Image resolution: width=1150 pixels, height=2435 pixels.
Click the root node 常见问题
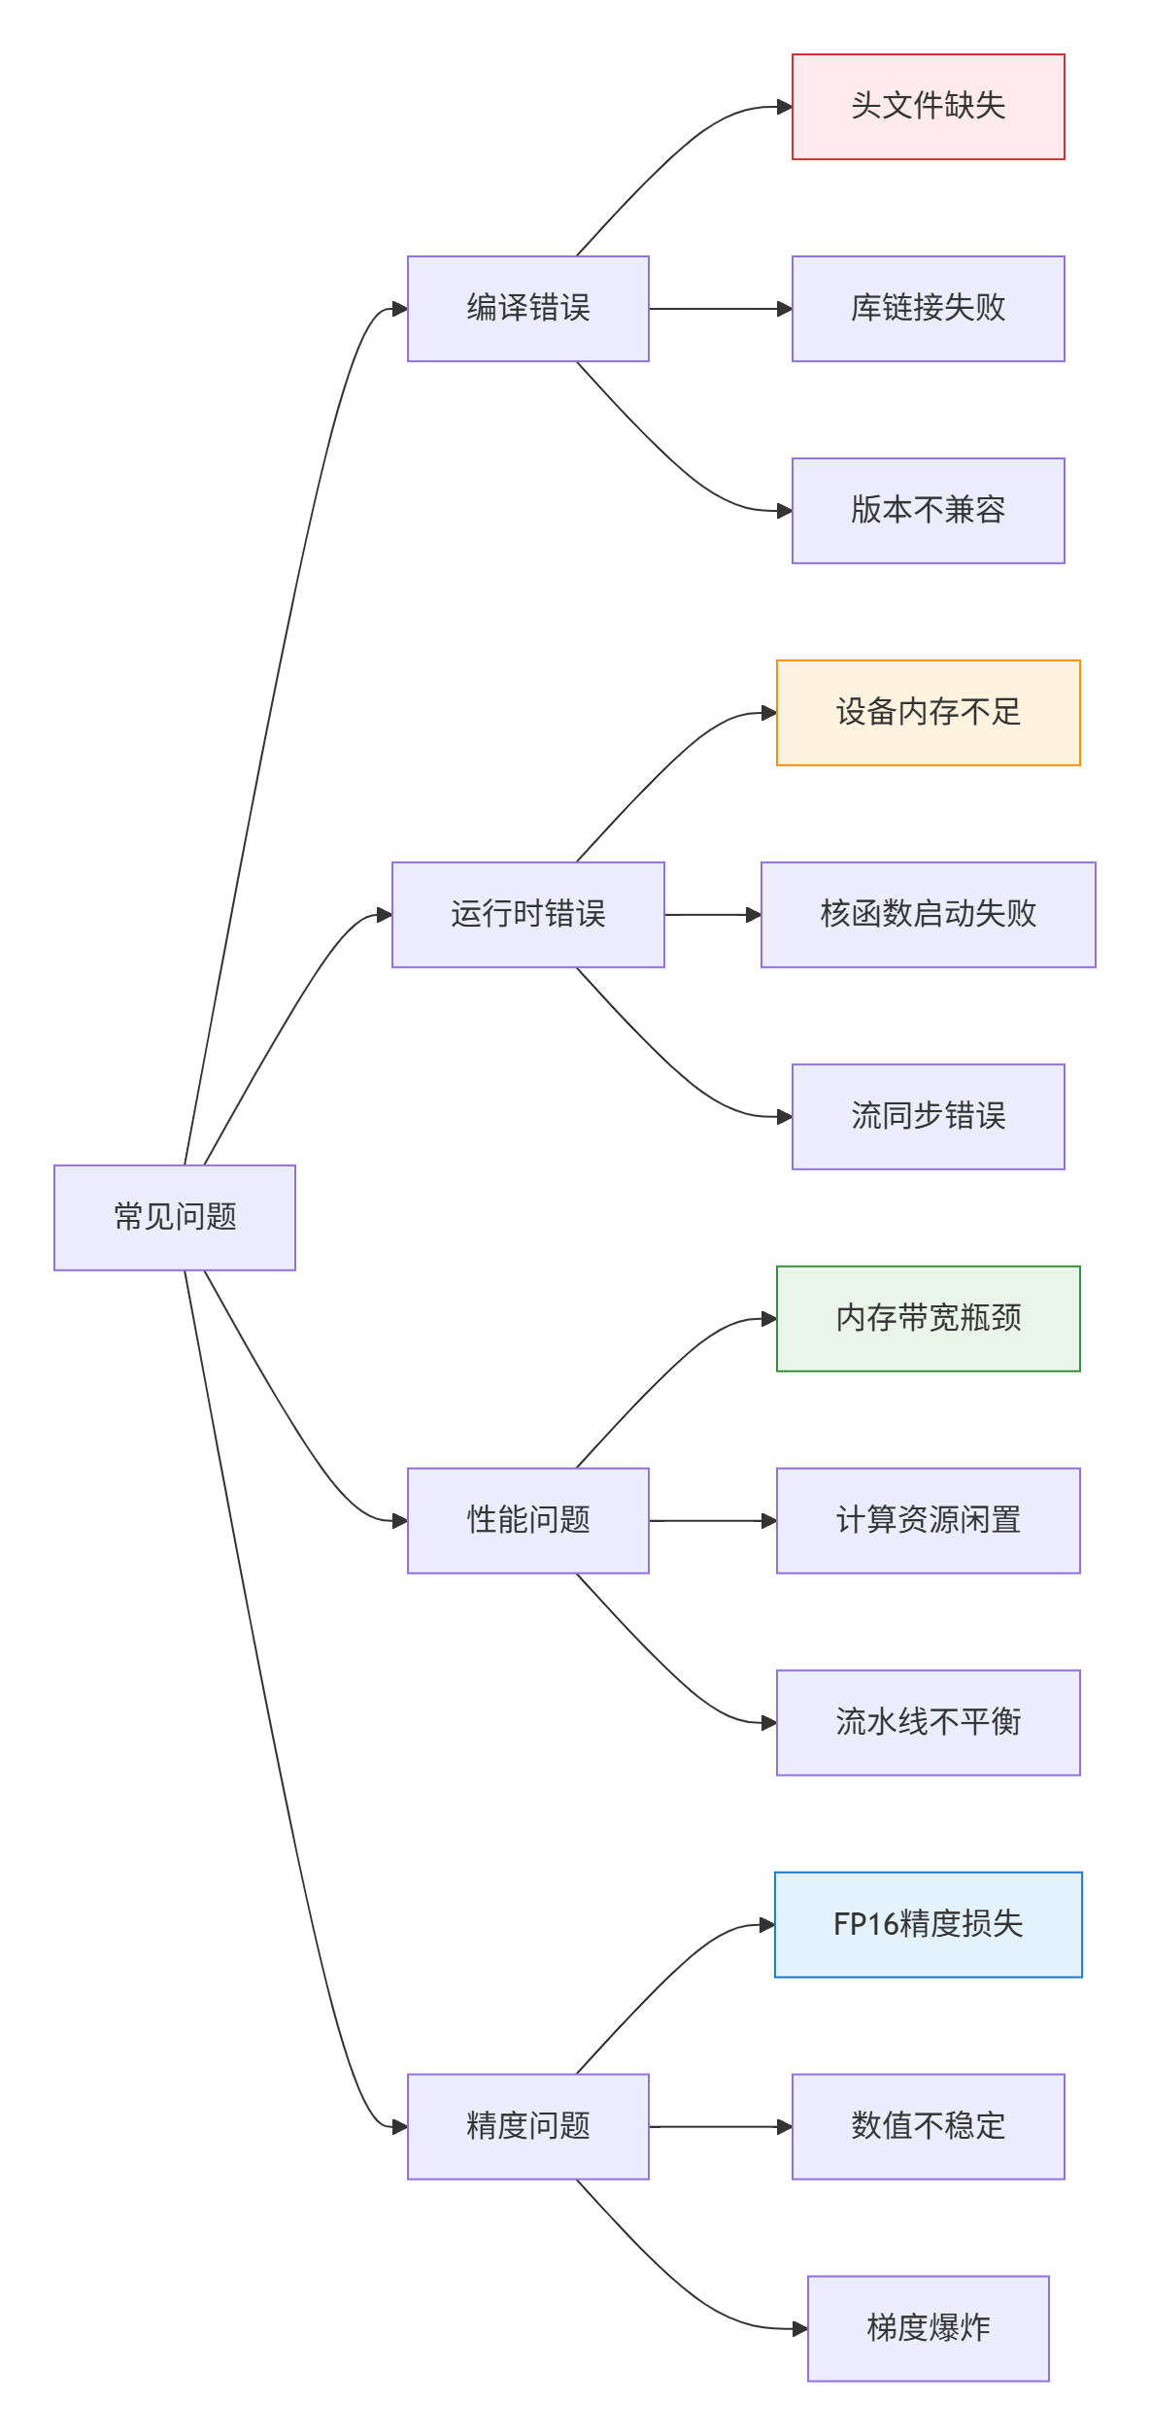tap(175, 1217)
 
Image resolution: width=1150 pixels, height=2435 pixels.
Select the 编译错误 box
tap(528, 309)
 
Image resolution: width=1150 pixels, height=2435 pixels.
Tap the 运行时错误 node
tap(528, 915)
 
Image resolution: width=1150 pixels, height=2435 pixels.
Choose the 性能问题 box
tap(528, 1521)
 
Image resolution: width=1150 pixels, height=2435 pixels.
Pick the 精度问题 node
tap(528, 2127)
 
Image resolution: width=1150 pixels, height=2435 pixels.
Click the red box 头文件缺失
tap(929, 107)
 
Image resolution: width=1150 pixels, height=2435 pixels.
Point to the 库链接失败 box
tap(929, 309)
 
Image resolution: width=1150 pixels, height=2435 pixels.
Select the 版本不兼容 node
tap(929, 511)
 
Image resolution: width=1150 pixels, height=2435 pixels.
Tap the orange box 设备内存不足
tap(929, 713)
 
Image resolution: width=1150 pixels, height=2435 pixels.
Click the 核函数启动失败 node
tap(929, 915)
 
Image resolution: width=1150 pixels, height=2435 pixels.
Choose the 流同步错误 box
tap(929, 1117)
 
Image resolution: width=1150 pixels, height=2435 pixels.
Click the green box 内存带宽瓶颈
tap(929, 1319)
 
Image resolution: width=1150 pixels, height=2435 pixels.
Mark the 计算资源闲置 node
tap(929, 1521)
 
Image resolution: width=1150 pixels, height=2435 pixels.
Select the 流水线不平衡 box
tap(929, 1723)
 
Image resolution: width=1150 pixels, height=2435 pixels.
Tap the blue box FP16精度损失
tap(929, 1925)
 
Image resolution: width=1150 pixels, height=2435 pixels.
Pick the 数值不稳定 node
tap(929, 2127)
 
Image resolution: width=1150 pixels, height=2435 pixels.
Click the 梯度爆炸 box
tap(929, 2329)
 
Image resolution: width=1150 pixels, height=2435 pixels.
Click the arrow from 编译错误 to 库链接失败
tap(721, 309)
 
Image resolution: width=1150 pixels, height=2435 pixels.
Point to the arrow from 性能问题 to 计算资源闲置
tap(713, 1521)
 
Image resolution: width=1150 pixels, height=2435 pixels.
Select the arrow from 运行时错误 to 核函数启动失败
tap(713, 915)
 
